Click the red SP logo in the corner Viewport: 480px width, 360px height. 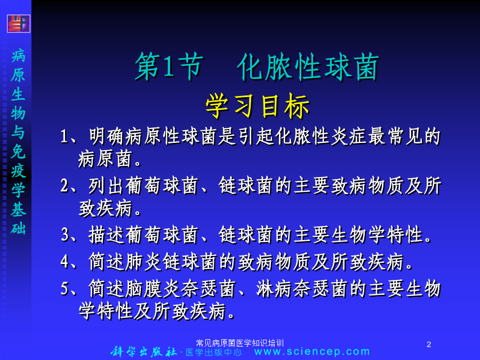coord(19,23)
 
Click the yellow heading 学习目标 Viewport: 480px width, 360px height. coord(258,106)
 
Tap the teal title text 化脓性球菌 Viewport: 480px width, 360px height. coord(308,67)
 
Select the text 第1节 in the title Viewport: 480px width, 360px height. coord(169,67)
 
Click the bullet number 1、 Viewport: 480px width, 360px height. coord(69,136)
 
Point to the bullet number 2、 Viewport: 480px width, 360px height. coord(69,186)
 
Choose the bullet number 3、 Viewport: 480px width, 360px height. coord(69,235)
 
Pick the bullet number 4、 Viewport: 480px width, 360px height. coord(69,262)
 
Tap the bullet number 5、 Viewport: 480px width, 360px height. coord(69,289)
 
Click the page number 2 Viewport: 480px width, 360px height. coord(429,345)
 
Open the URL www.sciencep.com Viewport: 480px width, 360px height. coord(312,351)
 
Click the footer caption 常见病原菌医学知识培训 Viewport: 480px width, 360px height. coord(239,343)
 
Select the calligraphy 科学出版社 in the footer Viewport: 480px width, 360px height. coord(143,351)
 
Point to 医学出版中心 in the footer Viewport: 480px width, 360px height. coord(213,352)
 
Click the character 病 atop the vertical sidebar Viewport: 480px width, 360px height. coord(18,56)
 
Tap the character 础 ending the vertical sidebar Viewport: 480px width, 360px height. coord(18,228)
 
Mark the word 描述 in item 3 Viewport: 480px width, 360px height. coord(107,235)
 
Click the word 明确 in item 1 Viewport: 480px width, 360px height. coord(107,136)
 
